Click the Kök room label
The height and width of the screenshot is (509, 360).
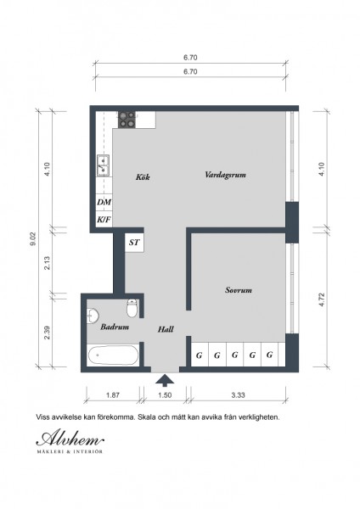click(143, 177)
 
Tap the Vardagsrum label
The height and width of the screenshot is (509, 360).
click(225, 175)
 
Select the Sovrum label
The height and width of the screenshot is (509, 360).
click(239, 290)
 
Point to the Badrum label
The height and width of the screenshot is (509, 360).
click(115, 327)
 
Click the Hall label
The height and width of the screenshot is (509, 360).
click(166, 329)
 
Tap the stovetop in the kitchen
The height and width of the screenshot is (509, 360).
click(127, 120)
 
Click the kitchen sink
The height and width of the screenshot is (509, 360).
click(104, 165)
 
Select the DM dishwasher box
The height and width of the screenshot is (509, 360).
click(104, 202)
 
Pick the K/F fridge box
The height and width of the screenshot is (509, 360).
click(104, 220)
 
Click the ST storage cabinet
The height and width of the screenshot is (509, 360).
click(134, 243)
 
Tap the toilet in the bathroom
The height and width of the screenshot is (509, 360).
click(132, 308)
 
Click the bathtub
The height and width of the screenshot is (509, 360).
click(113, 355)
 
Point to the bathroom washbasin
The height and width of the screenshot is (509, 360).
click(93, 316)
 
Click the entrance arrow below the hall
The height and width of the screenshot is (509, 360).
click(165, 380)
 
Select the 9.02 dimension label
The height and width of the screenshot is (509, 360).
click(34, 239)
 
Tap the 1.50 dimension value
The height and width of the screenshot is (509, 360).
click(165, 395)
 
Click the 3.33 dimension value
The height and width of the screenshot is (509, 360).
click(238, 395)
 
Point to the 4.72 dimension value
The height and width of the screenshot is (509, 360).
click(322, 300)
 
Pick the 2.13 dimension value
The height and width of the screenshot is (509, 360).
click(47, 263)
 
